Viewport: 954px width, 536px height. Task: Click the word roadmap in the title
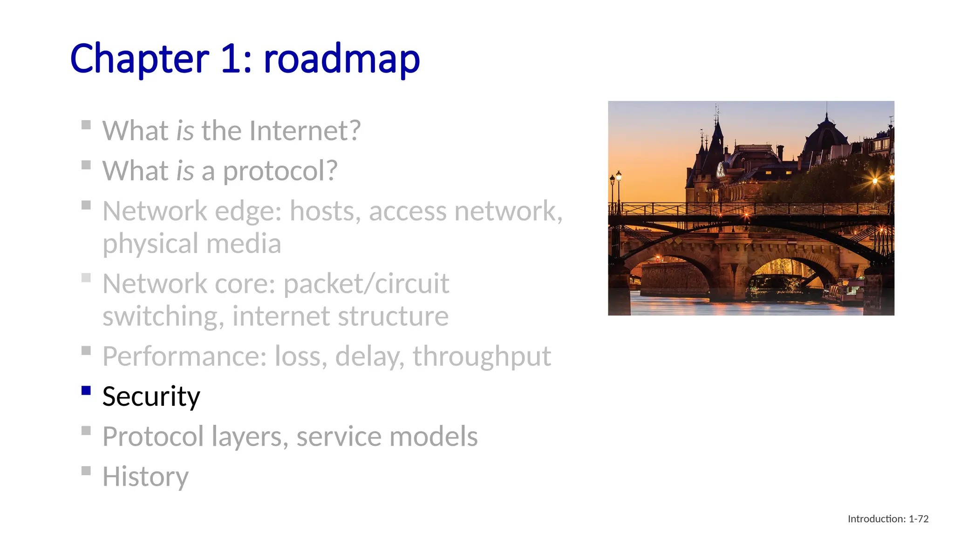[341, 59]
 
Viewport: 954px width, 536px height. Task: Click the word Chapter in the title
[140, 59]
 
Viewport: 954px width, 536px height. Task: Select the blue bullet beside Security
[86, 390]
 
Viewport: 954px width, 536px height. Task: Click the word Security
[151, 396]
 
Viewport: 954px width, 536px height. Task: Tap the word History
[145, 477]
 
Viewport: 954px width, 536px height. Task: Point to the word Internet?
[305, 131]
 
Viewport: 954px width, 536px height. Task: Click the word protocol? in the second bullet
[279, 171]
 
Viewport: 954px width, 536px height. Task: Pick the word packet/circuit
[366, 284]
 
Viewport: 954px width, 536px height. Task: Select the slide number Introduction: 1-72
[888, 519]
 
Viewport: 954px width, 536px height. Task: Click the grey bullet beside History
[86, 470]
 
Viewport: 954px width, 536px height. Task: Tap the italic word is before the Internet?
[185, 131]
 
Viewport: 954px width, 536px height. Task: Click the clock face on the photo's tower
[720, 169]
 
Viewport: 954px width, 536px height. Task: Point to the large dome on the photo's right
[826, 136]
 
